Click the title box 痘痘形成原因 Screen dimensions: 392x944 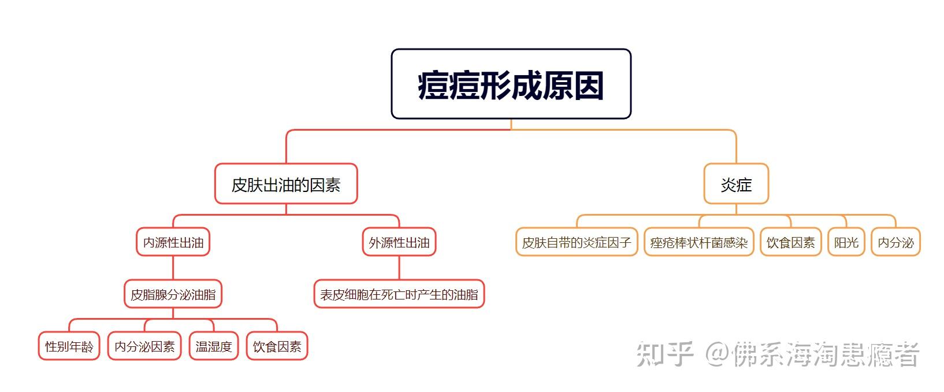[511, 84]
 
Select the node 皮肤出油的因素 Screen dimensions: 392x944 [286, 184]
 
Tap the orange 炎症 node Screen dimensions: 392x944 [736, 184]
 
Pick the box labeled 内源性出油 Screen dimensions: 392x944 [173, 242]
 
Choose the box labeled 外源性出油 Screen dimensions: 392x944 [399, 242]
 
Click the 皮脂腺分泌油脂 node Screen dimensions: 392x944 [173, 294]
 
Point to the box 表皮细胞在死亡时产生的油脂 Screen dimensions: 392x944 [399, 294]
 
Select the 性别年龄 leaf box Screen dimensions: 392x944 [69, 346]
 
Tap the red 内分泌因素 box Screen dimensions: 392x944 [144, 346]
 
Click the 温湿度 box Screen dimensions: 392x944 [214, 346]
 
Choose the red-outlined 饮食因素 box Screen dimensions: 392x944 [277, 346]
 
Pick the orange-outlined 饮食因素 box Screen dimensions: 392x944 [790, 242]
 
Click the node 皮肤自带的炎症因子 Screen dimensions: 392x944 [577, 242]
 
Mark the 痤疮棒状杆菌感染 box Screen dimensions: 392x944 [699, 242]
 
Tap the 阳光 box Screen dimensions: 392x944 [846, 242]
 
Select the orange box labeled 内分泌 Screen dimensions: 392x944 [895, 242]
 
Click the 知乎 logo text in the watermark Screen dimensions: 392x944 [664, 354]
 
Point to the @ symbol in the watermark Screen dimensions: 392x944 [716, 354]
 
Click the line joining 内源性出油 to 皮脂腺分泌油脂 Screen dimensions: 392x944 [173, 268]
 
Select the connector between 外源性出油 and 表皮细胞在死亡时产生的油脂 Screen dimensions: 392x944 [399, 268]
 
